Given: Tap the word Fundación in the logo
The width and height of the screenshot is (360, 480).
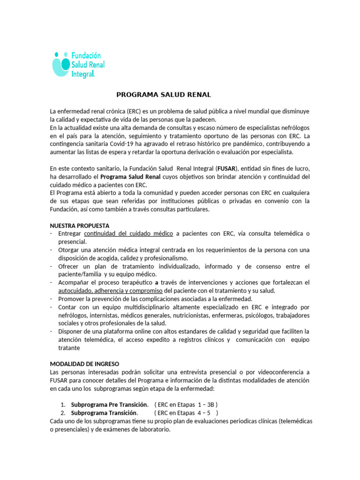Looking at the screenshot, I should [86, 56].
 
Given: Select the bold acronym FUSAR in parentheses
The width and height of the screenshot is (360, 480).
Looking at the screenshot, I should [227, 169].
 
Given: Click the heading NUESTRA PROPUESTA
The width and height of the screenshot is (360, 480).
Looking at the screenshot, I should [80, 225].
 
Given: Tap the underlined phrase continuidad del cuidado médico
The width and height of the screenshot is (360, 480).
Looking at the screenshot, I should [129, 233].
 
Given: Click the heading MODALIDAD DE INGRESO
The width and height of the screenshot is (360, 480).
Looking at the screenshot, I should [84, 364].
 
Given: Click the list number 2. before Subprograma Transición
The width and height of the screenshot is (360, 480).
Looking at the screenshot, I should [63, 413].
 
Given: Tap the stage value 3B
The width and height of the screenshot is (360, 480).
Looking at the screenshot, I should [210, 405].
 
